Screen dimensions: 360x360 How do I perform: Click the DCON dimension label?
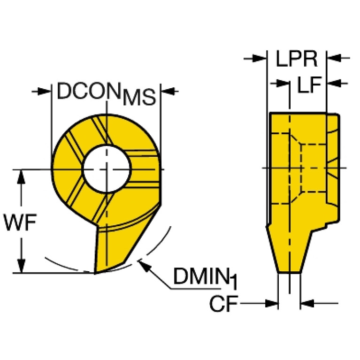[x=106, y=94]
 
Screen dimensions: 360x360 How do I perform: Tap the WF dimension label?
[x=20, y=222]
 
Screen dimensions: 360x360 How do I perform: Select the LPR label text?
[x=297, y=59]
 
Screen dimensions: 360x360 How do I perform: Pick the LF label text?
[x=309, y=84]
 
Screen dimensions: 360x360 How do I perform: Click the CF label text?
[x=224, y=304]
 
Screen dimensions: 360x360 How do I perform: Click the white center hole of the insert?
[x=107, y=169]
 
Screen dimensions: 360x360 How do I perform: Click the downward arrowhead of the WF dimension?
[x=21, y=266]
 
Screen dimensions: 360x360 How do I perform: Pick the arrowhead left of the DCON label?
[x=44, y=92]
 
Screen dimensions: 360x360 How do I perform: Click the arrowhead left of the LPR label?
[x=260, y=58]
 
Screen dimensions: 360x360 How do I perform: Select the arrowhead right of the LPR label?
[x=334, y=58]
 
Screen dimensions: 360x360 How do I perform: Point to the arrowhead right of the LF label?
[x=334, y=83]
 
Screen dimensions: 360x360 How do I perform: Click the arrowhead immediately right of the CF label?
[x=271, y=303]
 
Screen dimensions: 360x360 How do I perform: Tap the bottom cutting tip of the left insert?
[x=95, y=273]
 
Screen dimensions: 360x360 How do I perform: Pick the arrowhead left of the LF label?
[x=282, y=83]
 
